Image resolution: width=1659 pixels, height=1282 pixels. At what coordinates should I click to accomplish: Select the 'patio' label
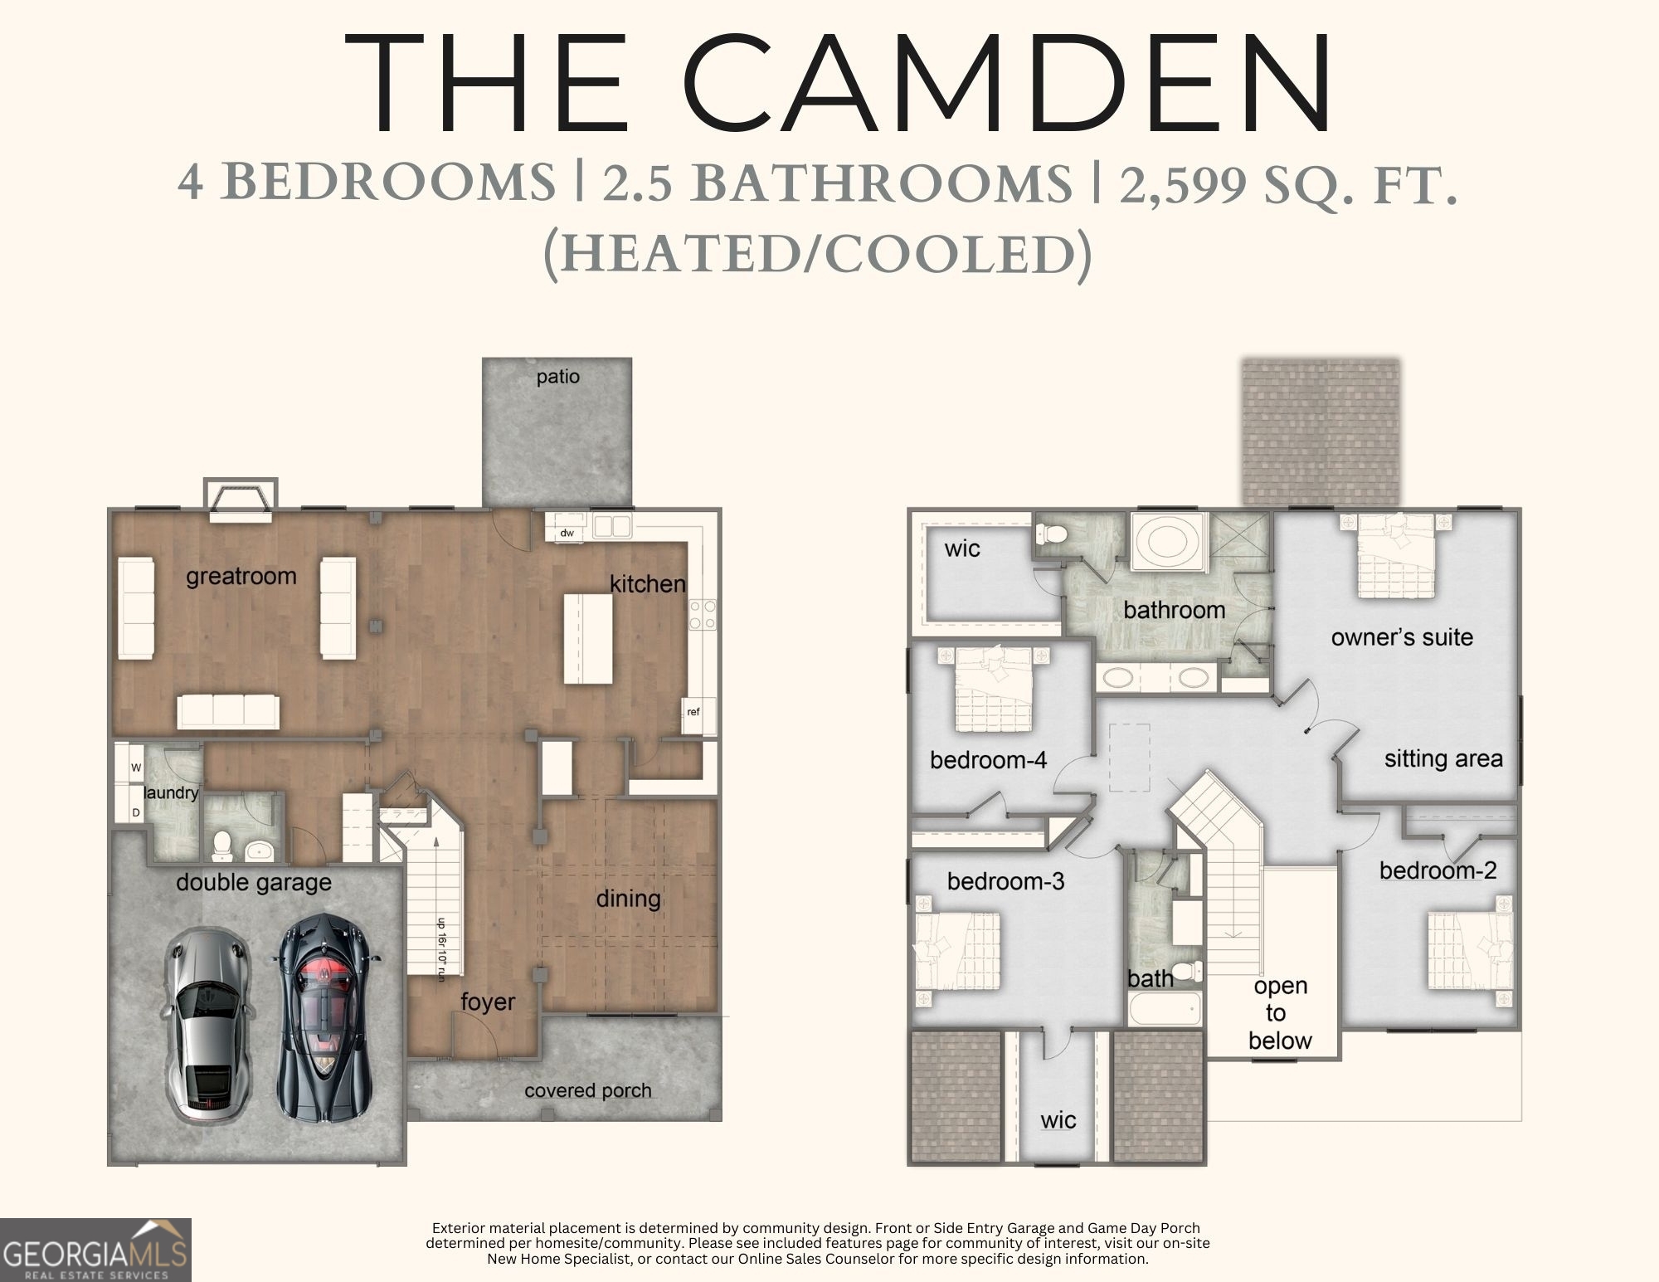click(557, 377)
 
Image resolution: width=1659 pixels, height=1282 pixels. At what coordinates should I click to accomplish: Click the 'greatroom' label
click(241, 576)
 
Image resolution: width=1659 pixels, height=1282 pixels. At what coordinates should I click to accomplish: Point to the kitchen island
click(588, 638)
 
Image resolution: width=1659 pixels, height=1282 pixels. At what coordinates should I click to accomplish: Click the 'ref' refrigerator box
click(693, 712)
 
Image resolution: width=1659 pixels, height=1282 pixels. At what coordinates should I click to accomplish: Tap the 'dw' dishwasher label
click(567, 533)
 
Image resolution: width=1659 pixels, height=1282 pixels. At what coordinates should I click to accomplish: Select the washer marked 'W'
click(136, 768)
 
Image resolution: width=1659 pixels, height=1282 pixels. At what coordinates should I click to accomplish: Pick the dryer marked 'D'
click(136, 813)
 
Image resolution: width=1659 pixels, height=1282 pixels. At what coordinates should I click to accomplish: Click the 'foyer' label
click(488, 1002)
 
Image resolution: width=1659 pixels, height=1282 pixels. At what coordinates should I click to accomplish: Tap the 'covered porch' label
click(587, 1090)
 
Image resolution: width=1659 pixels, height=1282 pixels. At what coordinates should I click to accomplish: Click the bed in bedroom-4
click(994, 689)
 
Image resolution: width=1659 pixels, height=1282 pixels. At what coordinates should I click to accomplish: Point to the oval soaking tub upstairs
click(1168, 542)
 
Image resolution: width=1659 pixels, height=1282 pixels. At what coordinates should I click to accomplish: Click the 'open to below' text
click(1280, 1013)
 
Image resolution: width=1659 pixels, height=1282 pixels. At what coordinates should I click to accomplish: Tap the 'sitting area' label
click(1443, 758)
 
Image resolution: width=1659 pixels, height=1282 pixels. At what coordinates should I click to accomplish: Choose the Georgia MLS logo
click(95, 1250)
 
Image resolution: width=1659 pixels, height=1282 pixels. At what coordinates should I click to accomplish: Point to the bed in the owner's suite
click(1396, 555)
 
